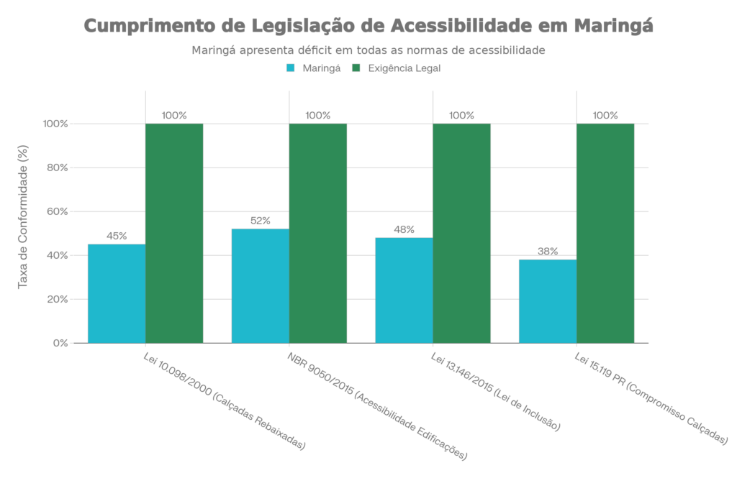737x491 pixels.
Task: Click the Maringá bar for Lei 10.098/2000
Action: (x=116, y=293)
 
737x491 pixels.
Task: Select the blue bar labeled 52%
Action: (x=260, y=285)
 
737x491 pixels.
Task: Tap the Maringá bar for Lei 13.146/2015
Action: (x=403, y=290)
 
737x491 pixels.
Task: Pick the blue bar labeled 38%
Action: (x=547, y=300)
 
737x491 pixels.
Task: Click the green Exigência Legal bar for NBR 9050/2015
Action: (x=318, y=233)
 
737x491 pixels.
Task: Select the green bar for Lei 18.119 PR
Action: (x=605, y=233)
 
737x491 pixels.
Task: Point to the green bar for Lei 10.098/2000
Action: (x=174, y=233)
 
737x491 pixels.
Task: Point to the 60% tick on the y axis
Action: (x=56, y=212)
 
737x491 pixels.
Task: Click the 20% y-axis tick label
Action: (x=56, y=299)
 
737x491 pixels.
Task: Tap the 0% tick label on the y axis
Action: (x=59, y=343)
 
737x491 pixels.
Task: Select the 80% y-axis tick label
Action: (x=56, y=168)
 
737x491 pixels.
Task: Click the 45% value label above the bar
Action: (x=116, y=236)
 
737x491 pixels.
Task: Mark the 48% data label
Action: (x=404, y=229)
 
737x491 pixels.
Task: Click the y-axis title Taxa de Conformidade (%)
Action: (x=23, y=216)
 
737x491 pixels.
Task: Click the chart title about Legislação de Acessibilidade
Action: (x=368, y=27)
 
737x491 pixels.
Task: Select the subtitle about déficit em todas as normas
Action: (x=368, y=51)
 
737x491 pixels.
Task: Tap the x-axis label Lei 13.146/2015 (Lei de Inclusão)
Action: (x=495, y=392)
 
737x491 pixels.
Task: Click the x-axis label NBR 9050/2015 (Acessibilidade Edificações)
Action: (x=377, y=406)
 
